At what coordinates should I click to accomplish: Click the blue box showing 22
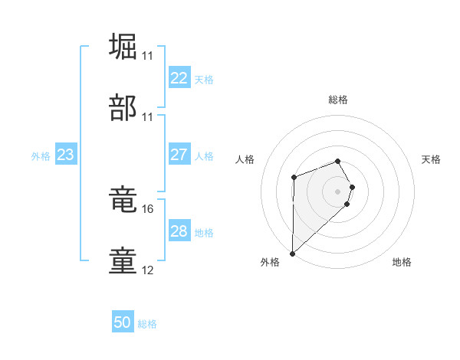pyautogui.click(x=179, y=78)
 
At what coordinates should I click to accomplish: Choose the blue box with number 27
pyautogui.click(x=179, y=155)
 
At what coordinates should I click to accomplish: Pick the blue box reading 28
pyautogui.click(x=179, y=231)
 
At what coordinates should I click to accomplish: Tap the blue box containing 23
pyautogui.click(x=66, y=155)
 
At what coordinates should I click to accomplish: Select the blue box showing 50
pyautogui.click(x=123, y=322)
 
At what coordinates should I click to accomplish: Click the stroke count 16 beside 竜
pyautogui.click(x=148, y=208)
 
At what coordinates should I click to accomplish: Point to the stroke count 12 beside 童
pyautogui.click(x=148, y=270)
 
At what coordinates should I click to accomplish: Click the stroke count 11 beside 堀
pyautogui.click(x=148, y=56)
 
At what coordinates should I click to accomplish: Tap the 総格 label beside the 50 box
pyautogui.click(x=147, y=324)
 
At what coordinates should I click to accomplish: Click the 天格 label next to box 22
pyautogui.click(x=203, y=79)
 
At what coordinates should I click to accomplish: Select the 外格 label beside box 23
pyautogui.click(x=41, y=155)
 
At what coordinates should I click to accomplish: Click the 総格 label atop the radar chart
pyautogui.click(x=338, y=100)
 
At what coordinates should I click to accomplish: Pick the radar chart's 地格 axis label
pyautogui.click(x=402, y=262)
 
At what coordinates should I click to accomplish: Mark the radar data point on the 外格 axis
pyautogui.click(x=292, y=253)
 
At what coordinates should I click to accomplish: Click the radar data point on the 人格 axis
pyautogui.click(x=294, y=178)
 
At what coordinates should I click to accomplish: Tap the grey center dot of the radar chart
pyautogui.click(x=338, y=191)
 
